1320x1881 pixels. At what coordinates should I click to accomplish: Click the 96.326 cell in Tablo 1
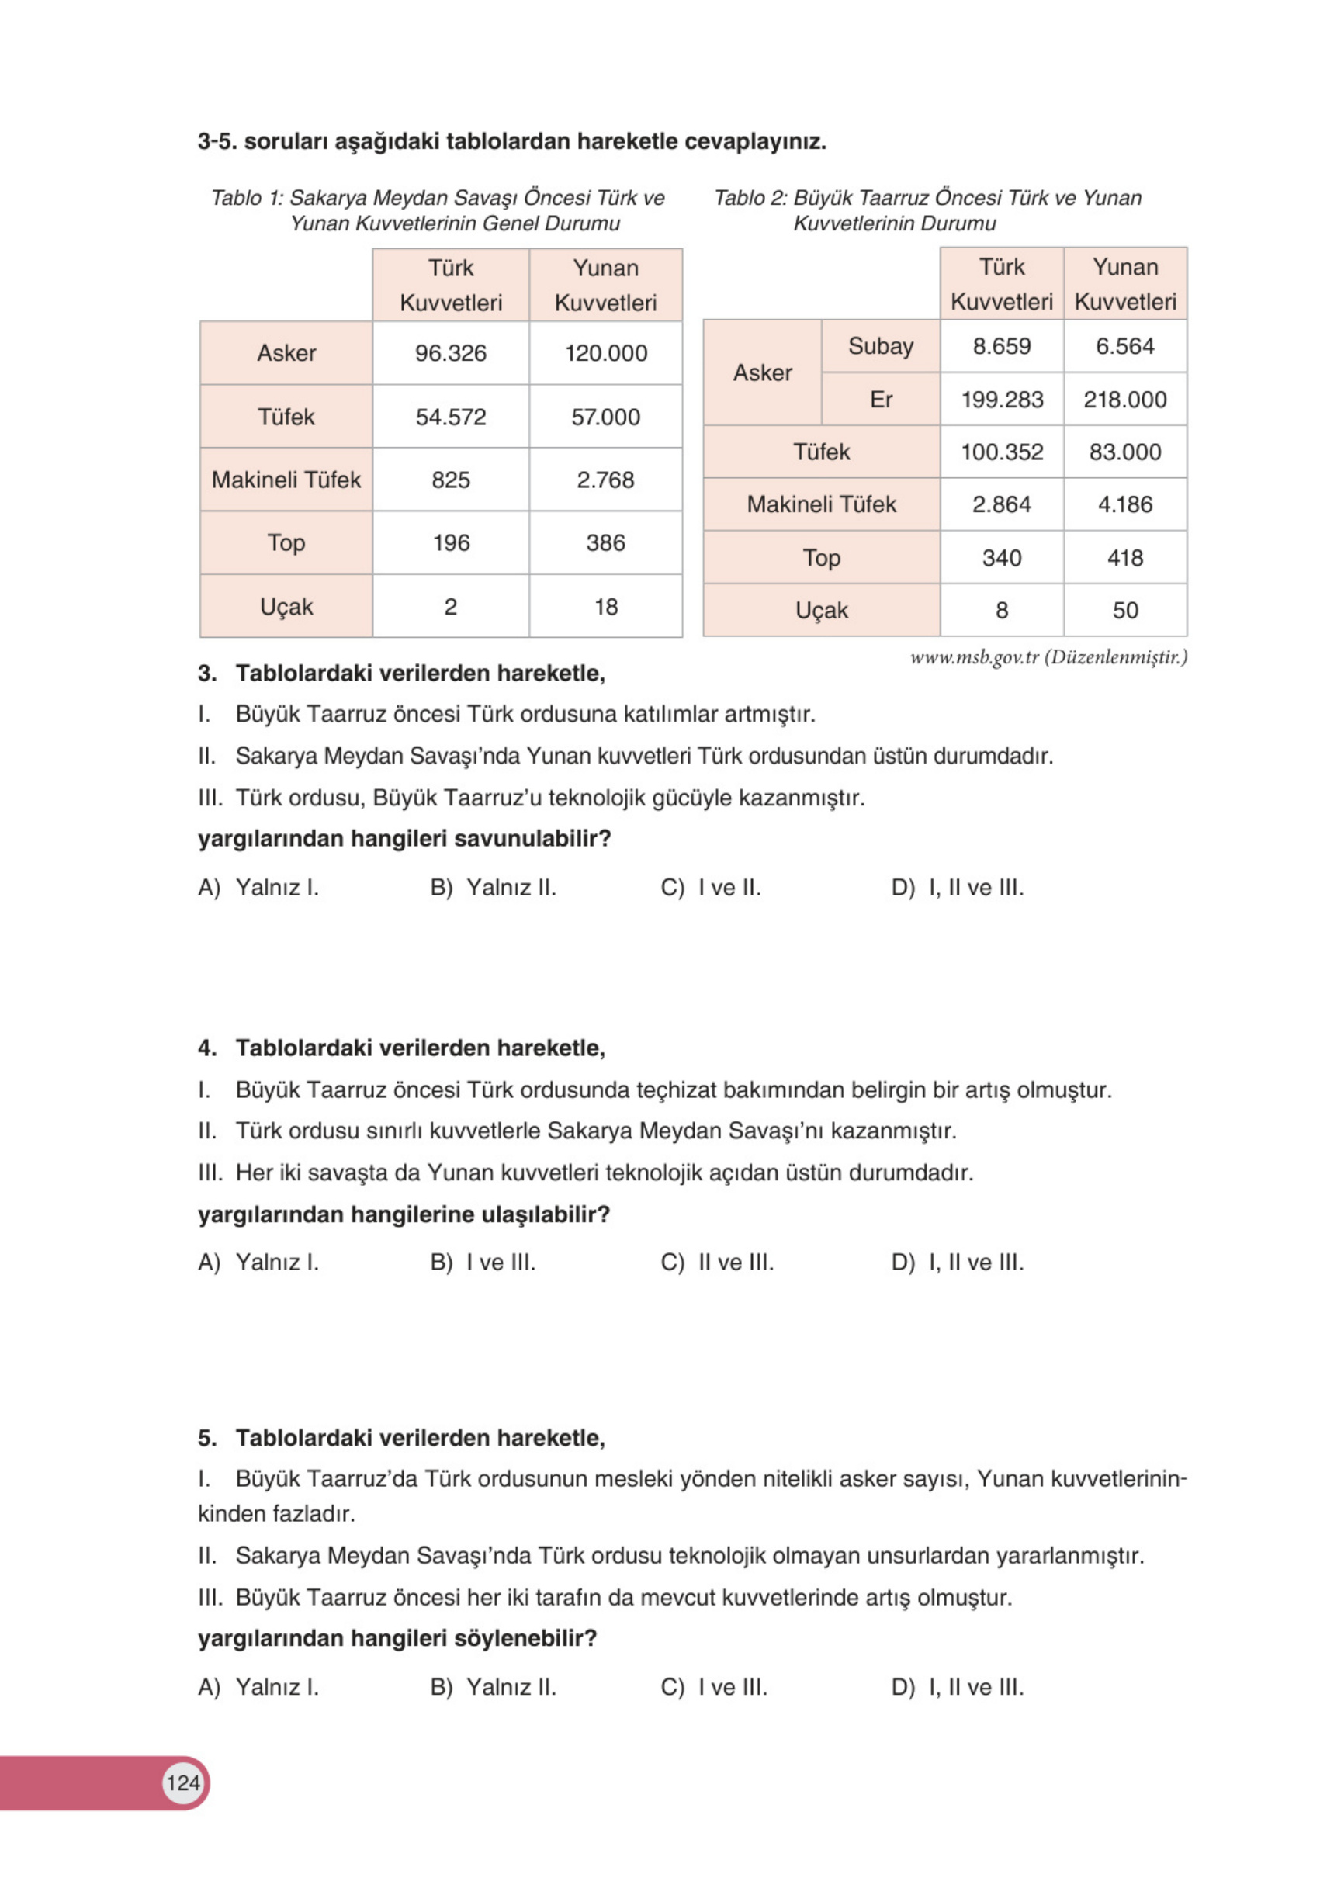(450, 353)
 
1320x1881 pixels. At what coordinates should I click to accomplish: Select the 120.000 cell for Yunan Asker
(605, 353)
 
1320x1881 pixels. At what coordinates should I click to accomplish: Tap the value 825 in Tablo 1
(450, 480)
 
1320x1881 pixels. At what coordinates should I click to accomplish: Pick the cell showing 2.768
(605, 480)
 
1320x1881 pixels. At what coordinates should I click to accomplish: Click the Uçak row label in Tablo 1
(286, 607)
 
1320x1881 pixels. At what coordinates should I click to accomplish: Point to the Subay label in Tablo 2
(880, 347)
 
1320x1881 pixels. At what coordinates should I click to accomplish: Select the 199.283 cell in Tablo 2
(1001, 400)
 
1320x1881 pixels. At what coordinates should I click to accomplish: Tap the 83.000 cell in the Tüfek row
(1124, 452)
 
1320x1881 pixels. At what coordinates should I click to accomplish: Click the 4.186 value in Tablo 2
(1124, 504)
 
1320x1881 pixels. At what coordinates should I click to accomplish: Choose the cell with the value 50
(1124, 611)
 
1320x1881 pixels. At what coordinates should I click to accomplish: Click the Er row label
(880, 400)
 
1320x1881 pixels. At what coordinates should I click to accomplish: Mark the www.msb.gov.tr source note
(1047, 658)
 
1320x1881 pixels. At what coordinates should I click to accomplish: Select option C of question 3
(710, 888)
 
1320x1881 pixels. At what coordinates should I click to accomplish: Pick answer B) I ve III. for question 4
(483, 1263)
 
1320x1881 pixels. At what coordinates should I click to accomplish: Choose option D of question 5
(957, 1688)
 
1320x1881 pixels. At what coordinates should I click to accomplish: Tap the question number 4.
(207, 1048)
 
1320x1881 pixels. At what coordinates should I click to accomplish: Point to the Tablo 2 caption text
(927, 210)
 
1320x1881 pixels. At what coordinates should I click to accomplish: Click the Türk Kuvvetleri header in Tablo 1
(450, 285)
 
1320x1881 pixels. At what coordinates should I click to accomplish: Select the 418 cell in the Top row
(1124, 558)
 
